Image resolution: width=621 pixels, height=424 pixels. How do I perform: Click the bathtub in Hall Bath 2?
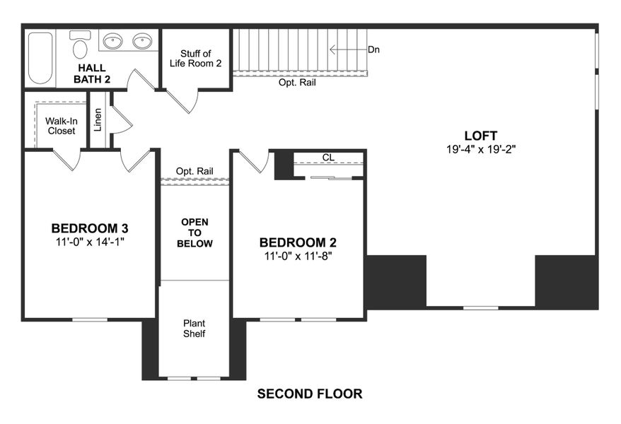[40, 57]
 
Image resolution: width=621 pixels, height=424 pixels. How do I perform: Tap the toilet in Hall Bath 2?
[80, 47]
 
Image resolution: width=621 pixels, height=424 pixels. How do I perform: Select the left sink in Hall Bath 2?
[113, 42]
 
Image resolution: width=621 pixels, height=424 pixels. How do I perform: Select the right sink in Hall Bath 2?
[143, 42]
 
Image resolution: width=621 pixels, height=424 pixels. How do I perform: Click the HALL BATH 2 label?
[93, 73]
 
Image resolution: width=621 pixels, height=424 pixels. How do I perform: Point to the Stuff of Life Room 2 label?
[195, 58]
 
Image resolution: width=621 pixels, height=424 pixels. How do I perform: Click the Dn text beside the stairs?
[375, 50]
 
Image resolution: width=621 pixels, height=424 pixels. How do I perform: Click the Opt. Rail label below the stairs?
[297, 83]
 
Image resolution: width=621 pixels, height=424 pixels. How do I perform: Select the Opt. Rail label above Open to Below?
[195, 171]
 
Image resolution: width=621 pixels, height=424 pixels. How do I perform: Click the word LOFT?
[481, 136]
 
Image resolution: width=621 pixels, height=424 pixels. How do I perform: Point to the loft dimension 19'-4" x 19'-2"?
[481, 150]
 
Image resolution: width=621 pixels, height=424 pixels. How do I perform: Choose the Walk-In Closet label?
[62, 126]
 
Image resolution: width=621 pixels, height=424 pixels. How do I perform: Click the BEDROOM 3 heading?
[90, 228]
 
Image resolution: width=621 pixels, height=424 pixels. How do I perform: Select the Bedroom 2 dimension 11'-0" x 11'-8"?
[297, 256]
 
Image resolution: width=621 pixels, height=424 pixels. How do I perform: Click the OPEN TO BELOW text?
[195, 232]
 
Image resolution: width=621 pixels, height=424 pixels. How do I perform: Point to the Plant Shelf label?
[194, 329]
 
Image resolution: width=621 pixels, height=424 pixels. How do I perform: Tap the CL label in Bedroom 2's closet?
[327, 158]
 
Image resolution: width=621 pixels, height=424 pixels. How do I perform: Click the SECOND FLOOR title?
[310, 394]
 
